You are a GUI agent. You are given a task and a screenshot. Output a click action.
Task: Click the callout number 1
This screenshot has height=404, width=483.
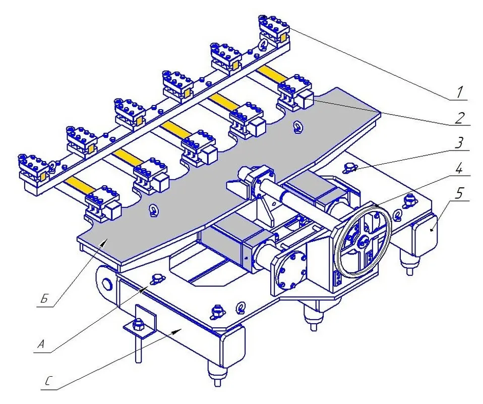coord(459,92)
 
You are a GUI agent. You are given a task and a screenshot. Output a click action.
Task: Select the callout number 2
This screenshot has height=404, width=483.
coord(459,118)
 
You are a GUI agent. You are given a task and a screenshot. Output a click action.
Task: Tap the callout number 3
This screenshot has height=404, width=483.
coord(459,143)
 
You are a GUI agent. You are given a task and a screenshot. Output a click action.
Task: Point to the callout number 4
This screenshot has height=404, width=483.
coord(459,169)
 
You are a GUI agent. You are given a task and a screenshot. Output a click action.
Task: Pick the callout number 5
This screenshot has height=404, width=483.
coord(459,194)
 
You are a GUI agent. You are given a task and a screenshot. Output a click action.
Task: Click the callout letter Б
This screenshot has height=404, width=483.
coord(45,299)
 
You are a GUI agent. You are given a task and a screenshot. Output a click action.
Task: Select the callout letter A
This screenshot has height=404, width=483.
coord(41,344)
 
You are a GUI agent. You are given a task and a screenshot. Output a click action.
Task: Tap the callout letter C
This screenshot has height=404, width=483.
coord(47,381)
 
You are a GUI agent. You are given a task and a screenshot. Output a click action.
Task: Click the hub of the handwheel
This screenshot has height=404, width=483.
coord(364,240)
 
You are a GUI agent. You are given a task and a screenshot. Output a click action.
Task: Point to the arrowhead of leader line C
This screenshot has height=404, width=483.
coord(178,332)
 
